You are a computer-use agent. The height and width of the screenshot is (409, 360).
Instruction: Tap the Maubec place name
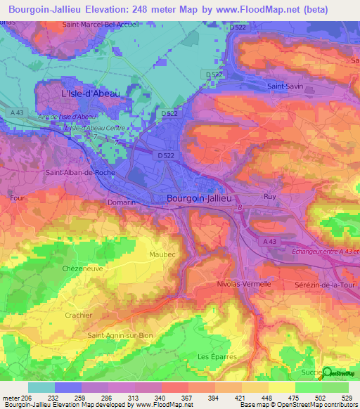click(x=163, y=254)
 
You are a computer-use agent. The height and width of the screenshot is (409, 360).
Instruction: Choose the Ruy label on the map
click(x=270, y=197)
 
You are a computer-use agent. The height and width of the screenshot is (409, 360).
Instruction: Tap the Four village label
click(x=18, y=198)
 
